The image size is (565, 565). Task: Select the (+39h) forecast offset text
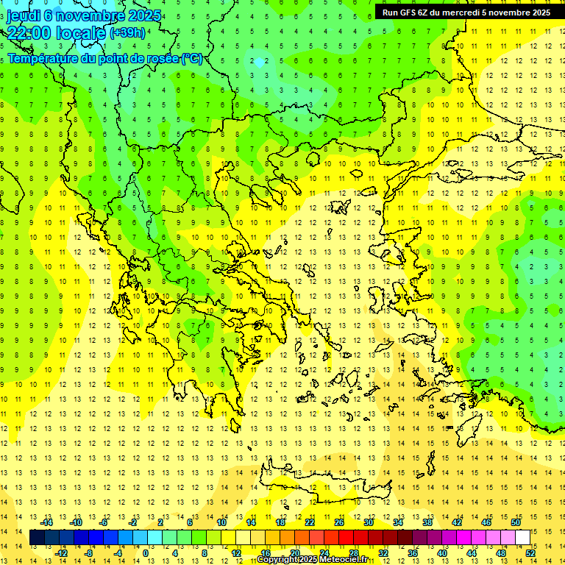(x=127, y=33)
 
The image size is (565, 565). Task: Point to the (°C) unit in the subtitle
(x=192, y=58)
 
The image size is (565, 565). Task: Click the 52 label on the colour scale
(x=530, y=553)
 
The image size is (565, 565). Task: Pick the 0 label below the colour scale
(x=146, y=553)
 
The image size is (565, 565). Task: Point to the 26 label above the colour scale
(x=339, y=522)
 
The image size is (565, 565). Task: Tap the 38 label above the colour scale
(x=427, y=522)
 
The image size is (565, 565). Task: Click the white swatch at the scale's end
(x=522, y=538)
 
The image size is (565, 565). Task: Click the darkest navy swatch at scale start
(x=37, y=538)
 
